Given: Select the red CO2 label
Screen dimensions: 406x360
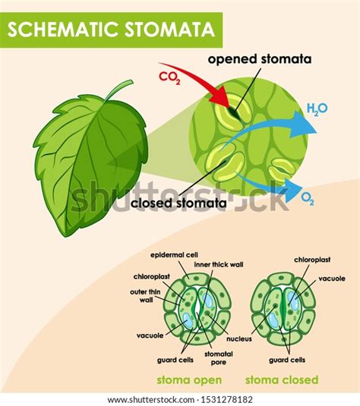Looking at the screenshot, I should tap(169, 77).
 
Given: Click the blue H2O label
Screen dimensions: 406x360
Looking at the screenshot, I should tap(317, 109).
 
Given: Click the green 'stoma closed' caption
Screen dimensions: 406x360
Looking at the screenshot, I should tap(281, 379).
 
